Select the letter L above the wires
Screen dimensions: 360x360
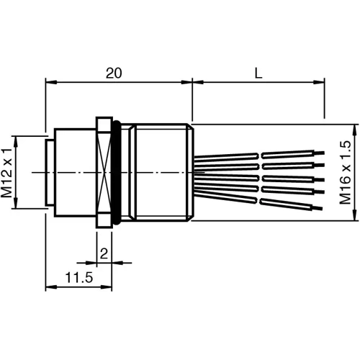258,73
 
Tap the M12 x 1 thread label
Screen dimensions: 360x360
8,173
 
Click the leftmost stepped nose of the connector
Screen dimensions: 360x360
49,173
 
